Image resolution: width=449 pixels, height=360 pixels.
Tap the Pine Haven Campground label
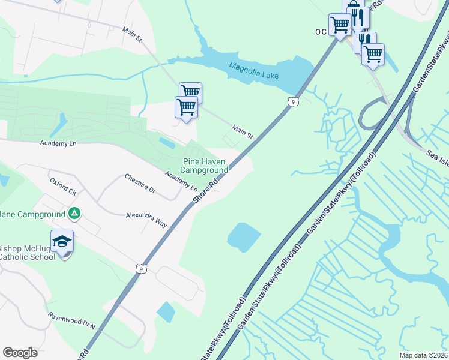(205, 166)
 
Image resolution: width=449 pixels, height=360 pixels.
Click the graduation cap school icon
(62, 241)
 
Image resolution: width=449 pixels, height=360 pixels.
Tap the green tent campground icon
(74, 213)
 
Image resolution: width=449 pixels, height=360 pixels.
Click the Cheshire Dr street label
(140, 184)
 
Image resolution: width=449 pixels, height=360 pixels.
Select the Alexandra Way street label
(146, 218)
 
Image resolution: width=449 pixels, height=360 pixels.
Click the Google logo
(20, 353)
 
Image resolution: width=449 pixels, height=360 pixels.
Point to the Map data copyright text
(423, 355)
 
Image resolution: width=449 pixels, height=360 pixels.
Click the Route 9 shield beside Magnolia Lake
(292, 102)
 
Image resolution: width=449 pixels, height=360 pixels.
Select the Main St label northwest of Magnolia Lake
(131, 34)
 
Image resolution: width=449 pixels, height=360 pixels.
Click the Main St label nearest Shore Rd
(243, 130)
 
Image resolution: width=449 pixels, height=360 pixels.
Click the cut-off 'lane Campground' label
(32, 214)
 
